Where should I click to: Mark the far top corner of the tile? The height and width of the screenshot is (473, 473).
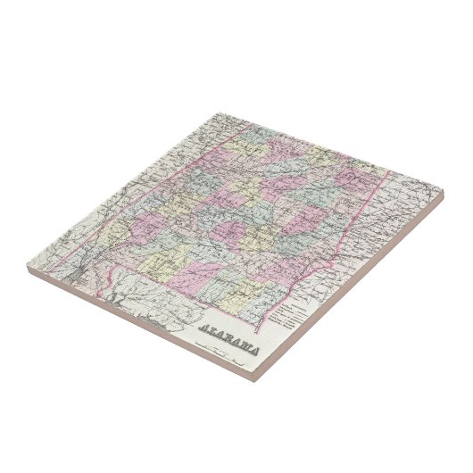[x=215, y=112]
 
